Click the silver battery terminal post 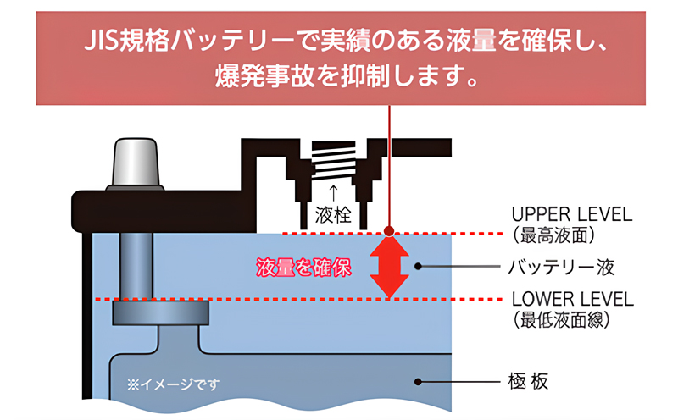(135, 163)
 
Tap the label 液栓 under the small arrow (333, 214)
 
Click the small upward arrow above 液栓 (333, 193)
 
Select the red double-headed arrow (389, 266)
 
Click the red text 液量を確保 (303, 268)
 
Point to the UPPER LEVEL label (571, 214)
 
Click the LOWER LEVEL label (573, 299)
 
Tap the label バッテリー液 (561, 268)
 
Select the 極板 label (528, 382)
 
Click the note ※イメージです (173, 384)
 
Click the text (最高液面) (554, 235)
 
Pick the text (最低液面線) (562, 320)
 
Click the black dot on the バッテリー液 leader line (418, 266)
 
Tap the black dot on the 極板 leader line (418, 382)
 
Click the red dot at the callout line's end (389, 231)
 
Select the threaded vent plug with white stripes (334, 159)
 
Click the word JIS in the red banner (100, 41)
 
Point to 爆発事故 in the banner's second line (264, 76)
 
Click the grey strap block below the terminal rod (160, 312)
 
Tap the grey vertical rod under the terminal (136, 266)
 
